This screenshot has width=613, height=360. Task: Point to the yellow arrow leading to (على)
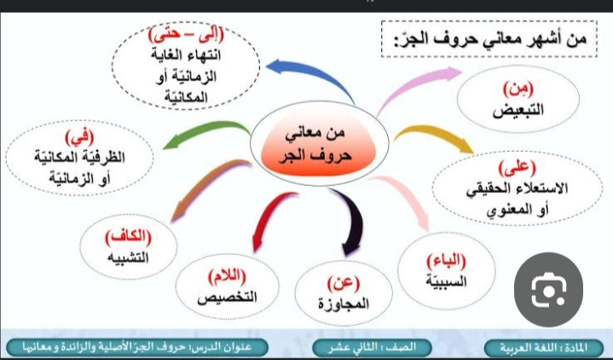[434, 133]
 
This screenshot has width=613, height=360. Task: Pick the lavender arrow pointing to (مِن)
[414, 84]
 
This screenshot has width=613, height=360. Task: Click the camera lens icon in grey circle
[548, 289]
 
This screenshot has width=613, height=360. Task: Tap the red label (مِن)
[518, 90]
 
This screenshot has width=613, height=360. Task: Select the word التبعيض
[518, 111]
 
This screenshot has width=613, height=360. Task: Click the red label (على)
[518, 167]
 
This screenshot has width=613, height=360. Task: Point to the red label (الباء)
[446, 260]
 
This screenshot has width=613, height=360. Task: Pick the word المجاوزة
[344, 304]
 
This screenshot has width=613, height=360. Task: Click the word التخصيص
[227, 298]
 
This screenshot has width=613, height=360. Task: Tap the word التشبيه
[128, 258]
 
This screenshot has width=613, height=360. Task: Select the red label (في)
[79, 137]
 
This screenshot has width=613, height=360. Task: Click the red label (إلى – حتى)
[186, 35]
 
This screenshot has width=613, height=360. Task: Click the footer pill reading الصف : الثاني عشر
[373, 347]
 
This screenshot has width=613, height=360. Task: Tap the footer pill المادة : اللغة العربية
[544, 347]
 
